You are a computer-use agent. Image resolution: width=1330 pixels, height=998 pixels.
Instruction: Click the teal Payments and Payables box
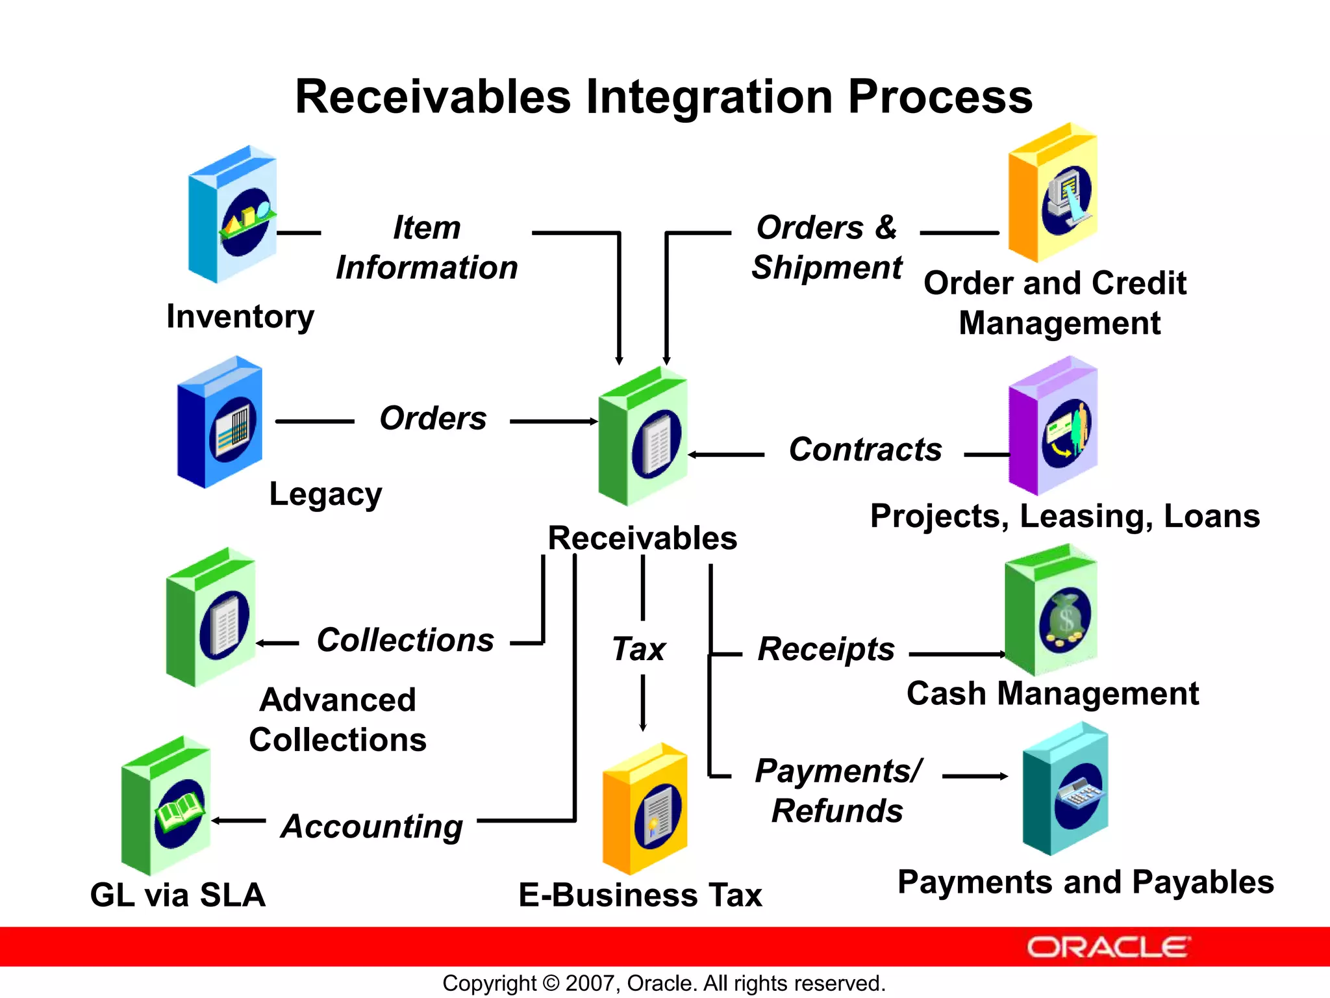pos(1066,790)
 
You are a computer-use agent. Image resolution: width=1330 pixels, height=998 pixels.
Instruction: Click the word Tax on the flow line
pos(638,649)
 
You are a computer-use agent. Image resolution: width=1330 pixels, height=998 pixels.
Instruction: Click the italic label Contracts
pos(865,450)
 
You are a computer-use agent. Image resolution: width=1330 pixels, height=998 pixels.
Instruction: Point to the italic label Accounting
pos(371,826)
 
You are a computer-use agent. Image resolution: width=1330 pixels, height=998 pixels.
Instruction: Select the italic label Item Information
pos(427,248)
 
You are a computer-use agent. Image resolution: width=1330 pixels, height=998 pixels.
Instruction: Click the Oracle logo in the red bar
pos(1108,947)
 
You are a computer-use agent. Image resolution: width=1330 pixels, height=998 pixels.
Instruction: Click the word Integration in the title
pos(710,97)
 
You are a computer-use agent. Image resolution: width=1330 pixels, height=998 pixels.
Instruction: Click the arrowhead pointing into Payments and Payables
pos(1003,776)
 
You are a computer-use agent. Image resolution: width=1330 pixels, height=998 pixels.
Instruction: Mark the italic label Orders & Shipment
pos(827,248)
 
